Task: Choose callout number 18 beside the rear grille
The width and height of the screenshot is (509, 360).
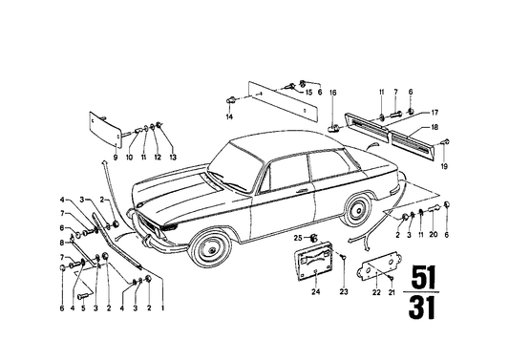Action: (x=435, y=127)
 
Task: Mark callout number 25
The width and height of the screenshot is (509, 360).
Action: (x=297, y=237)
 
